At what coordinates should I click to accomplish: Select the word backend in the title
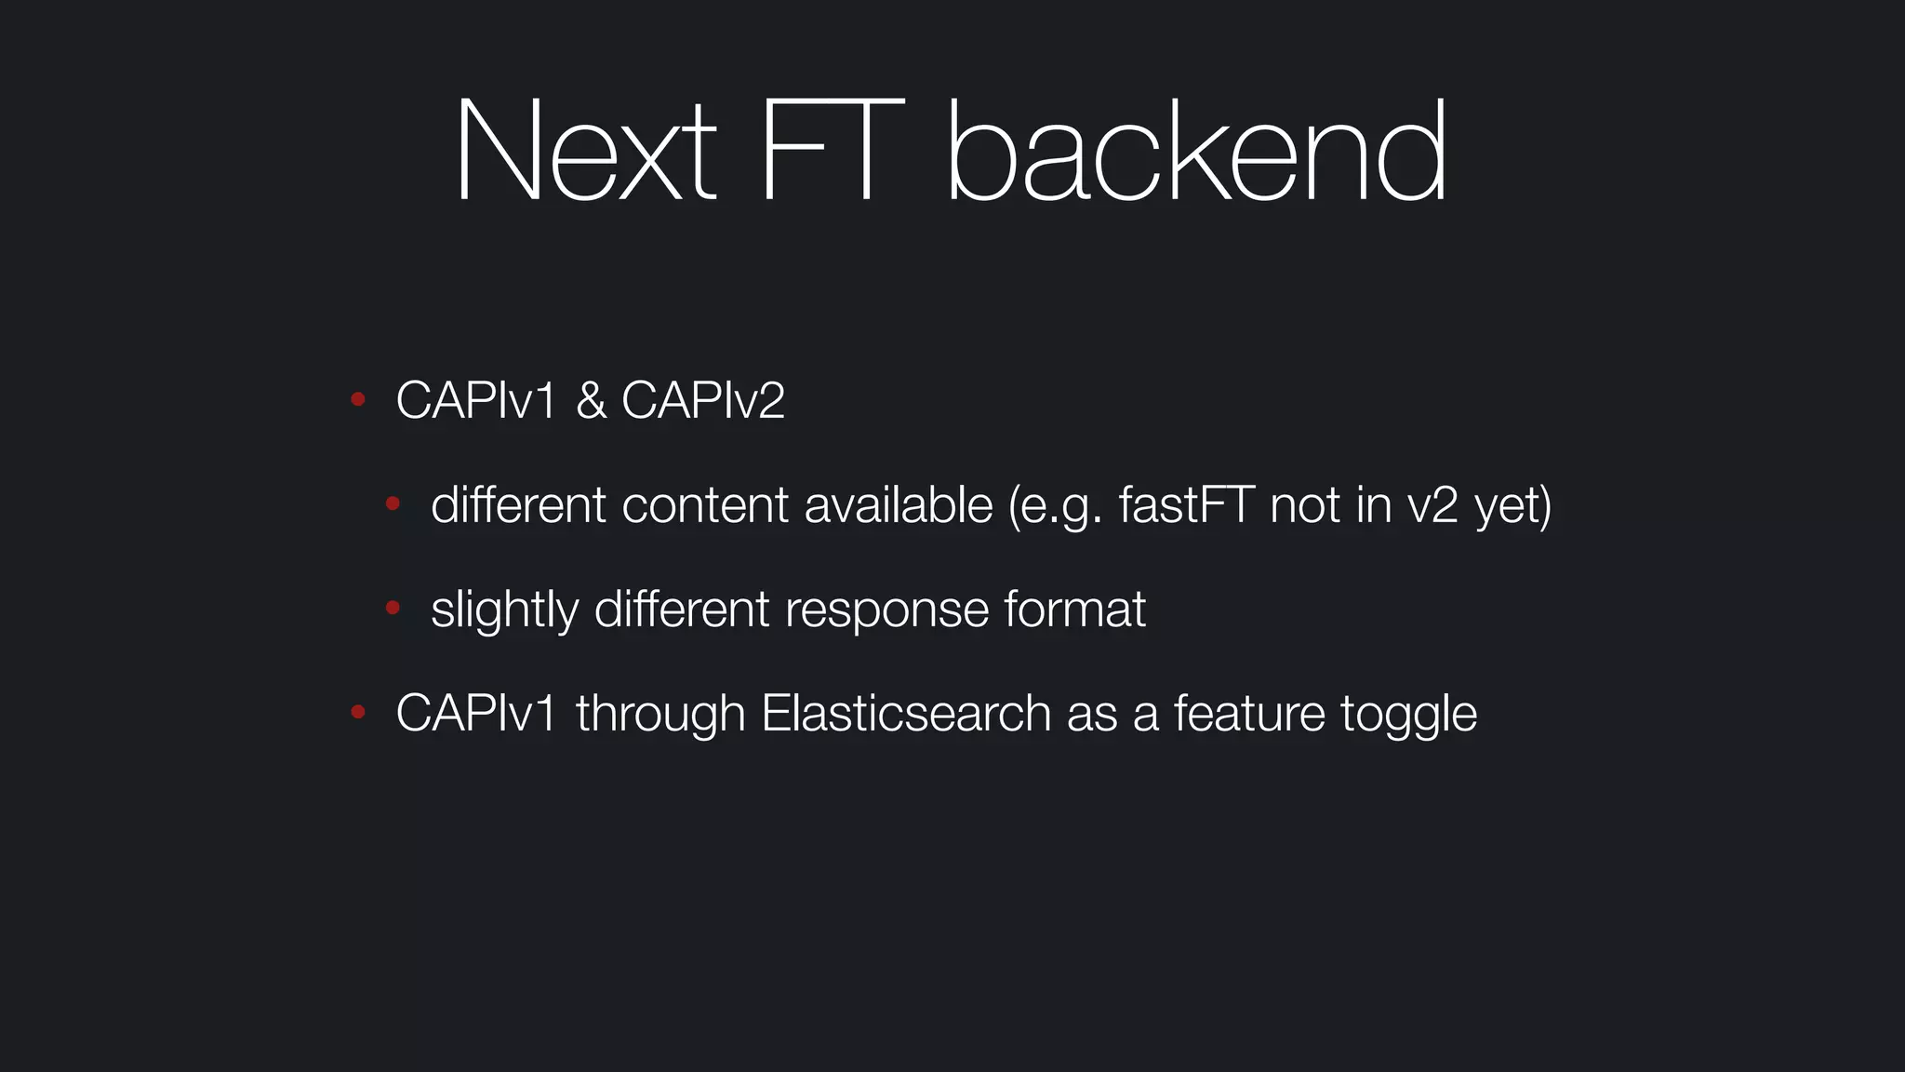pyautogui.click(x=1196, y=151)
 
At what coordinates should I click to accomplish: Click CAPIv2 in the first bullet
pyautogui.click(x=702, y=400)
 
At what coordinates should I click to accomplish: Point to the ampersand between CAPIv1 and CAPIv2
pyautogui.click(x=591, y=400)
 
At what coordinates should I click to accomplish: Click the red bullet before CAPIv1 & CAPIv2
pyautogui.click(x=357, y=400)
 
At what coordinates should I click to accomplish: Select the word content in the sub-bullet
pyautogui.click(x=704, y=505)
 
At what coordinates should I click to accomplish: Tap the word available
pyautogui.click(x=898, y=505)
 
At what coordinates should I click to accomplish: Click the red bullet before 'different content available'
pyautogui.click(x=393, y=504)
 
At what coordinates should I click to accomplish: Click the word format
pyautogui.click(x=1074, y=610)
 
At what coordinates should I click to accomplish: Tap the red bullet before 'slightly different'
pyautogui.click(x=393, y=609)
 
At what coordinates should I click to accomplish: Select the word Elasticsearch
pyautogui.click(x=906, y=714)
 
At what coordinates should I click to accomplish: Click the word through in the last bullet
pyautogui.click(x=660, y=714)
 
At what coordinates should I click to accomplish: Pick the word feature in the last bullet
pyautogui.click(x=1248, y=714)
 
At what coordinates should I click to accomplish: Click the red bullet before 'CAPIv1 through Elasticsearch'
pyautogui.click(x=357, y=713)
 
